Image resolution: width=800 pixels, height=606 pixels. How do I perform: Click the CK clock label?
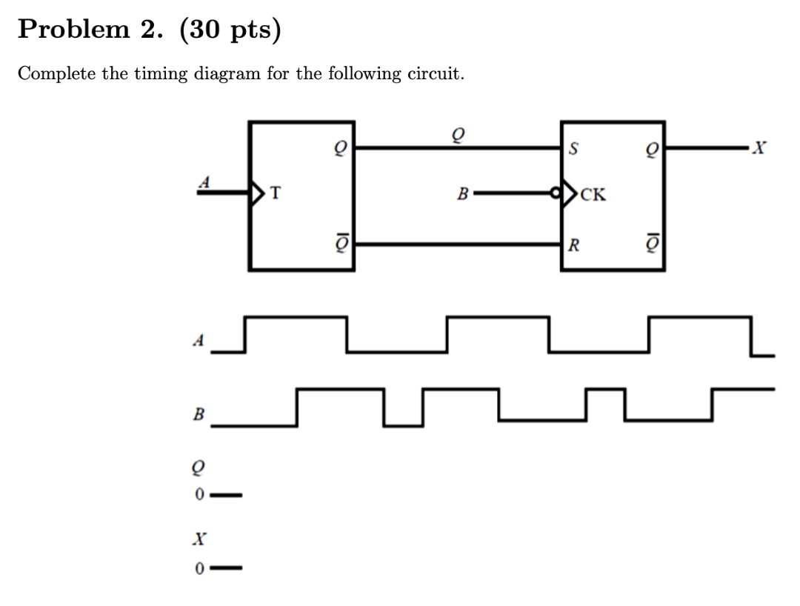(594, 196)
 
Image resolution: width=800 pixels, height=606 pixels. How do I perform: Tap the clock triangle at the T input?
(259, 195)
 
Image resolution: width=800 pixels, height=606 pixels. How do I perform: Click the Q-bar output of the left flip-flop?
(340, 242)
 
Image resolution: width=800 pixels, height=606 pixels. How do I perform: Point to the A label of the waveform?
(198, 341)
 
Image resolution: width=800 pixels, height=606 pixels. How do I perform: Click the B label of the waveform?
(198, 413)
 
